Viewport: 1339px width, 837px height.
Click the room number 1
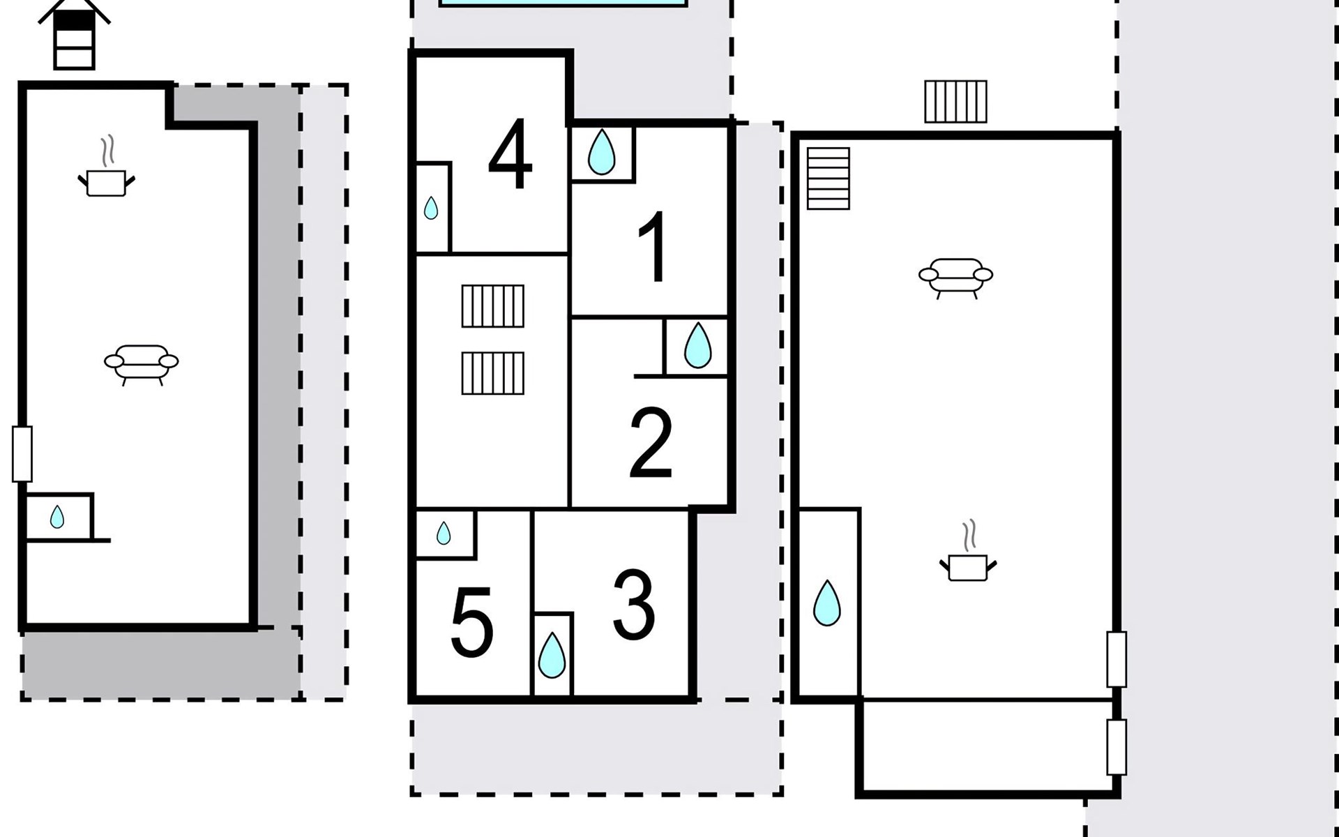654,248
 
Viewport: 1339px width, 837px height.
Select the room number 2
651,443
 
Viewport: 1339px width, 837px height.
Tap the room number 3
633,605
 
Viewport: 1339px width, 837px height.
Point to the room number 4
510,155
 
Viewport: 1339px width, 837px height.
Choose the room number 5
471,622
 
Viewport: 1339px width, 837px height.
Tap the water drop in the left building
57,517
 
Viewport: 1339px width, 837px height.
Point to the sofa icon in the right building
955,276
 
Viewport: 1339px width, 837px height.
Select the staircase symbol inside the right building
829,179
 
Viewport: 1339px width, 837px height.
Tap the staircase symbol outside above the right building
955,102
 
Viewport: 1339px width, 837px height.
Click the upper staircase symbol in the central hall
492,306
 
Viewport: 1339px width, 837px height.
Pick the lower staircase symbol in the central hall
492,373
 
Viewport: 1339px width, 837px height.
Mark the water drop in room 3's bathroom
552,655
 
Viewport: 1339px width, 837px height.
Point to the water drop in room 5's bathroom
444,534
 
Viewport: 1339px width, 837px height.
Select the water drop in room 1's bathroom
601,151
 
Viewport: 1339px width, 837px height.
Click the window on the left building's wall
22,454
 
